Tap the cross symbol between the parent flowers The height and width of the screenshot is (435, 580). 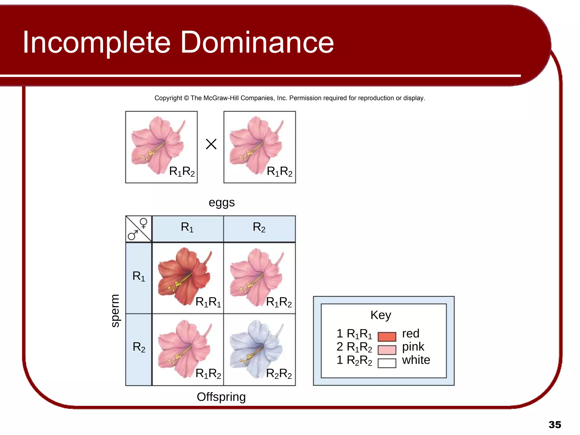coord(211,144)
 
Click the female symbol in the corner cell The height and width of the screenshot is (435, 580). coord(144,223)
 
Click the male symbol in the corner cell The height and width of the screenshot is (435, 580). coord(133,235)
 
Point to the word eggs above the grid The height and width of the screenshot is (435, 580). coord(221,203)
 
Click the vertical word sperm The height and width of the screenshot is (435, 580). coord(115,311)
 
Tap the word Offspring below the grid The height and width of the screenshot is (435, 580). coord(221,397)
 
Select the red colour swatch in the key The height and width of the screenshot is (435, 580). coord(387,336)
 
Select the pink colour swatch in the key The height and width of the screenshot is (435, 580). coord(387,350)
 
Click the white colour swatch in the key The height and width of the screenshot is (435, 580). coord(387,363)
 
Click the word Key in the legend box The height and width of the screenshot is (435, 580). coord(381,315)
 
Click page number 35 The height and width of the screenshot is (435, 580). coord(555,425)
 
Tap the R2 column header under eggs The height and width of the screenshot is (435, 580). coord(259,227)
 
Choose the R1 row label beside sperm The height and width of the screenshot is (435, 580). coord(138,276)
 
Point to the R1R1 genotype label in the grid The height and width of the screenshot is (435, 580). coord(208,302)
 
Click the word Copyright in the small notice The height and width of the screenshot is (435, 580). coord(168,98)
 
